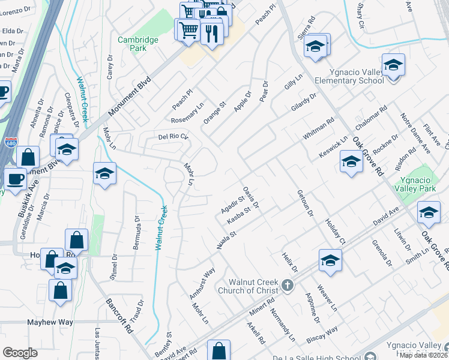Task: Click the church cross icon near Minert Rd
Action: (288, 285)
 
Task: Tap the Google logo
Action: (20, 353)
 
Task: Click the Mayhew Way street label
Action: (50, 322)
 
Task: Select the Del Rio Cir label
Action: (173, 136)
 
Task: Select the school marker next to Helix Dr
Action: (330, 260)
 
